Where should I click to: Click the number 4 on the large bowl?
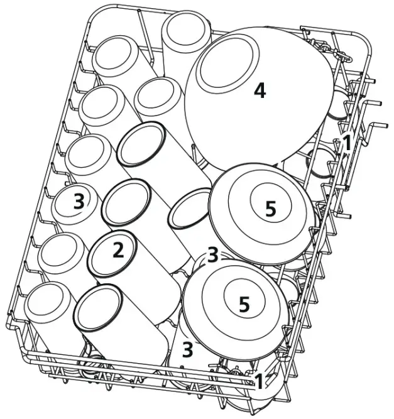coord(259,91)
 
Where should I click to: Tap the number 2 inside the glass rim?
coord(118,251)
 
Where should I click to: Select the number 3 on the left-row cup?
coord(79,201)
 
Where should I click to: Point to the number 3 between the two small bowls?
coord(213,254)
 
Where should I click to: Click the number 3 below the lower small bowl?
coord(187,349)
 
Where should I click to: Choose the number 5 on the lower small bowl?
coord(244,304)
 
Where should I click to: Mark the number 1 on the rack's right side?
coord(345,144)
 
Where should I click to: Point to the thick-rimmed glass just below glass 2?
coord(97,307)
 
